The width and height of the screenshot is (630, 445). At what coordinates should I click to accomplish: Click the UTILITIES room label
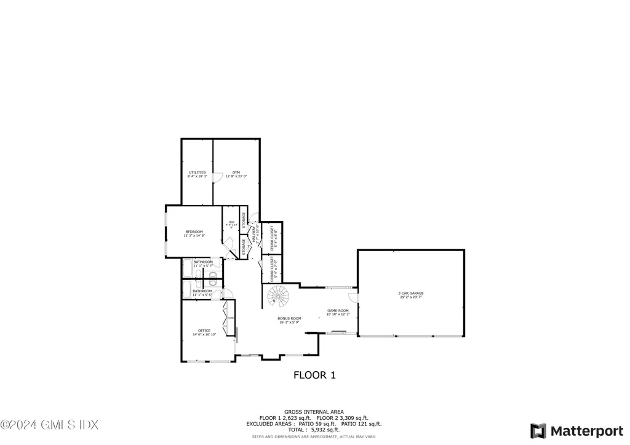point(197,172)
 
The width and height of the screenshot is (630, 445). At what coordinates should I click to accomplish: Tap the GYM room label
point(236,172)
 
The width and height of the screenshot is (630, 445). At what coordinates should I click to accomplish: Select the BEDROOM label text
point(194,231)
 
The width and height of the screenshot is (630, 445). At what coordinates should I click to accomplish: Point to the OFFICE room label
point(204,331)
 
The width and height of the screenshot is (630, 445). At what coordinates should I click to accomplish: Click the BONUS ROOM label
point(290,318)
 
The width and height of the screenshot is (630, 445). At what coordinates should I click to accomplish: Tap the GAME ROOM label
point(338,310)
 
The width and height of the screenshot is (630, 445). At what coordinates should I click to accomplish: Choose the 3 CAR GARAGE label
point(411,293)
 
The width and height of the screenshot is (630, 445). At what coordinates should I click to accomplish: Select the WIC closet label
point(231,222)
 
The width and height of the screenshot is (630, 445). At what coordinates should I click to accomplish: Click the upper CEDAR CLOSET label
point(271,237)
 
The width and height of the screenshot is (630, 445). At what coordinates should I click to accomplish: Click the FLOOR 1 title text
point(314,374)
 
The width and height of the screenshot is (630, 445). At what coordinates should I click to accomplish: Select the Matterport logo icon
point(538,430)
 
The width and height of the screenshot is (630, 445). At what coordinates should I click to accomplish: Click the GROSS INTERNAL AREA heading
point(314,412)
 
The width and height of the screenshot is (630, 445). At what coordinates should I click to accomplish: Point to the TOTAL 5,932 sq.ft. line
point(314,430)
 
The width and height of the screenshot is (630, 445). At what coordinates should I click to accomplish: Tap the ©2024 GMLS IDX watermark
point(49,424)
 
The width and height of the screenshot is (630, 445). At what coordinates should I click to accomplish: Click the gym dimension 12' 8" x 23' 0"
point(236,177)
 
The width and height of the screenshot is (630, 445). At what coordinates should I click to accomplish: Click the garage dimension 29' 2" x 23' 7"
point(411,297)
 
